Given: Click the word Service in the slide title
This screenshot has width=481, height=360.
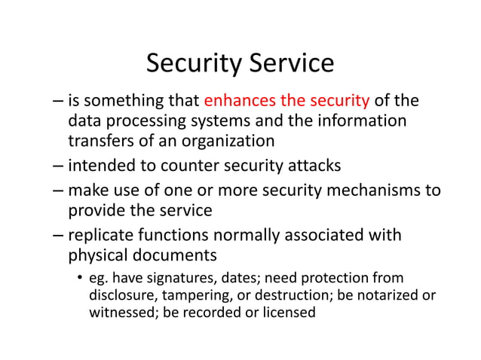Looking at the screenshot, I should pyautogui.click(x=290, y=63).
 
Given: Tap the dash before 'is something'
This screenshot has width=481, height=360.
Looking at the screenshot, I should pyautogui.click(x=59, y=101).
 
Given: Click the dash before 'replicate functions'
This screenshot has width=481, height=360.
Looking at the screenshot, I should pyautogui.click(x=59, y=236).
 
